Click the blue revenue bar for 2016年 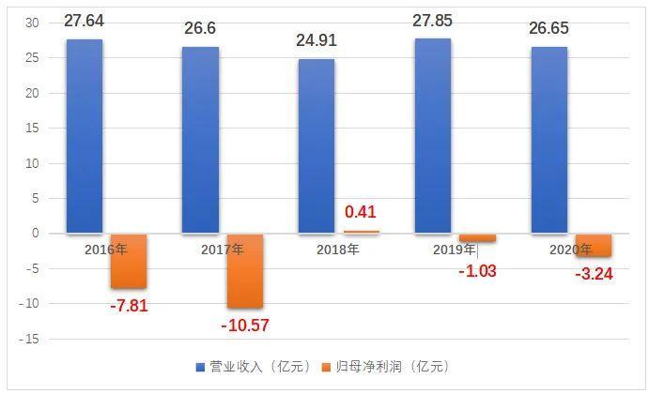84,136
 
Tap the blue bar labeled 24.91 316,145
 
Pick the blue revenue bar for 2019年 432,136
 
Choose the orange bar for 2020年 594,245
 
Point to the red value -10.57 246,326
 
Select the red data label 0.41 361,212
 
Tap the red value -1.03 477,271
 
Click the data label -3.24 594,275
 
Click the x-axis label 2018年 337,250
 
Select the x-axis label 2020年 569,250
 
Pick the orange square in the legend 327,367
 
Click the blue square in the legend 200,367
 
